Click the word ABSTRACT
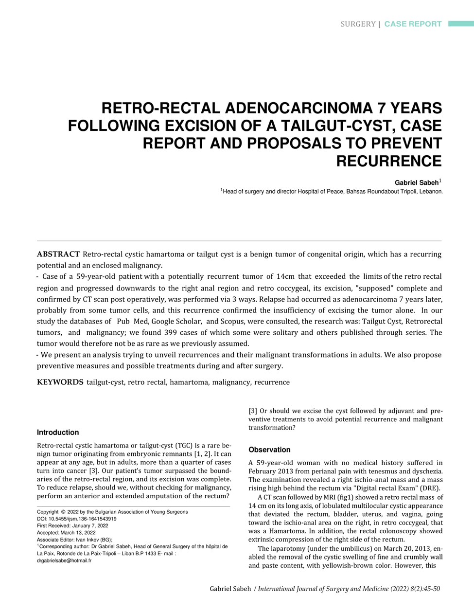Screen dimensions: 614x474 tap(58, 254)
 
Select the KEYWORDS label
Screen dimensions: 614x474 tap(60, 382)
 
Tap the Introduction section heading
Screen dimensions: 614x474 tap(58, 432)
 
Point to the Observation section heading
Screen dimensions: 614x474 tap(269, 450)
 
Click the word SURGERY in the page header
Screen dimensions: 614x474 tap(358, 24)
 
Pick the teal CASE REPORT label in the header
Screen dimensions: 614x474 tap(413, 24)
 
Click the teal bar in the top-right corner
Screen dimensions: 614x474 tap(460, 24)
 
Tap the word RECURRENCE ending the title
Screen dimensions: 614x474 tap(389, 161)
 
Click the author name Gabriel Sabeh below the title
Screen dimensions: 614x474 tap(416, 182)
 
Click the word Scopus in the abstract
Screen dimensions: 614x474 tap(232, 321)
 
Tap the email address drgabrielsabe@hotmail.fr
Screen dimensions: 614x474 tap(64, 560)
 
